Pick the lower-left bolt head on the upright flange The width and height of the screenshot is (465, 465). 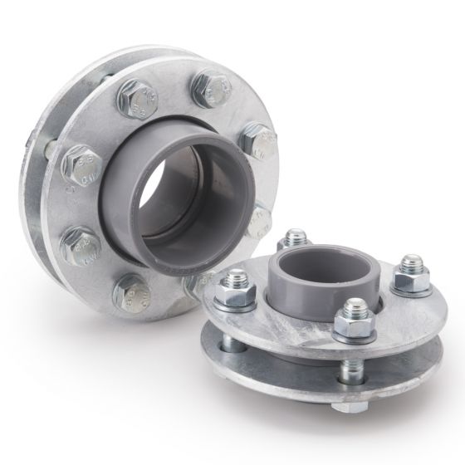pos(80,243)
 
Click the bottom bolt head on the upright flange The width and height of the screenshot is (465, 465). pos(133,291)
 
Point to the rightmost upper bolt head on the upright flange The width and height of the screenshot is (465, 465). pos(260,142)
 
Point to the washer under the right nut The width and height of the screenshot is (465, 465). pos(411,288)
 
